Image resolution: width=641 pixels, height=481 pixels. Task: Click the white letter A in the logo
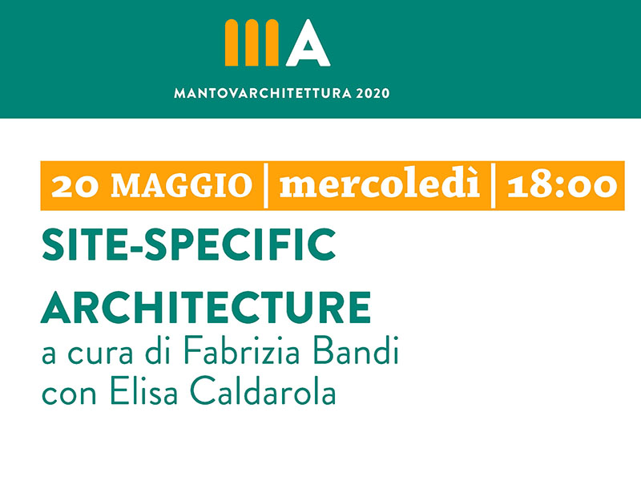(308, 44)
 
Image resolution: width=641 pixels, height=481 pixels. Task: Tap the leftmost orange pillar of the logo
(232, 42)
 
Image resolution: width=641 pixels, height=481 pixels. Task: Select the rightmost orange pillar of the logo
(272, 42)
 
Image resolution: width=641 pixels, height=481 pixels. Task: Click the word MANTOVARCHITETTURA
(263, 94)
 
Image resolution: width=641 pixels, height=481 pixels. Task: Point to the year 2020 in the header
(373, 94)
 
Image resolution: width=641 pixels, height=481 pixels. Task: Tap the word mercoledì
(379, 184)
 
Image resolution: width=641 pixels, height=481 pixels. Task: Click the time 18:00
(562, 185)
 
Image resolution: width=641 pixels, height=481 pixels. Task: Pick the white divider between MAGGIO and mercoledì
(266, 186)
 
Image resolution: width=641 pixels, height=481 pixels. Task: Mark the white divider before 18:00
(494, 186)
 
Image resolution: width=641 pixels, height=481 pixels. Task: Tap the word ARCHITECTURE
(206, 308)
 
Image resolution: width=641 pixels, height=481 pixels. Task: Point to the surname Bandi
(356, 350)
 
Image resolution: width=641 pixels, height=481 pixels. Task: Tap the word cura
(100, 355)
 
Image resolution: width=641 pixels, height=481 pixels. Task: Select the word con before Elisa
(69, 395)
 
